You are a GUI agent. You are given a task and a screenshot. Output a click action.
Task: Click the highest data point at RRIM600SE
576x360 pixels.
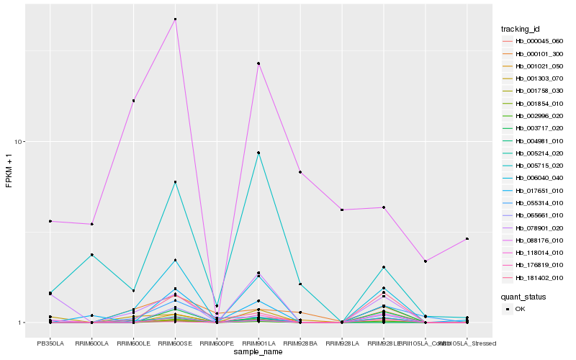(x=175, y=19)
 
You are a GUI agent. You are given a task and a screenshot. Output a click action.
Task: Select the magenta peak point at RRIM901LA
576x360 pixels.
(x=258, y=63)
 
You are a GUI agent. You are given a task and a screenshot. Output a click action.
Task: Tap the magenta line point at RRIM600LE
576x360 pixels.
(x=133, y=101)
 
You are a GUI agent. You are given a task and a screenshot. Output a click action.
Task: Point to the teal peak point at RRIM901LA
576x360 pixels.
(x=258, y=153)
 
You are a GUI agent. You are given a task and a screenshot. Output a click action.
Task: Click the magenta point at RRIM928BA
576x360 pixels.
(x=300, y=172)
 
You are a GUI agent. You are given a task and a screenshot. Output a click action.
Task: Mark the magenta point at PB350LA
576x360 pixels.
(x=50, y=221)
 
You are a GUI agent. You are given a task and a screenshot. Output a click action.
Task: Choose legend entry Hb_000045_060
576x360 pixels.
(x=534, y=41)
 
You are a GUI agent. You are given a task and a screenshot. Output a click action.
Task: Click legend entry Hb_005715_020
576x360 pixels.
(x=534, y=166)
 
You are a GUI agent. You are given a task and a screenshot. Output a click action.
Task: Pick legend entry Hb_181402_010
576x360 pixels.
(x=534, y=277)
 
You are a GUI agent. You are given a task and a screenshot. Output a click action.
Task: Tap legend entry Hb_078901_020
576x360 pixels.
(x=534, y=228)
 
